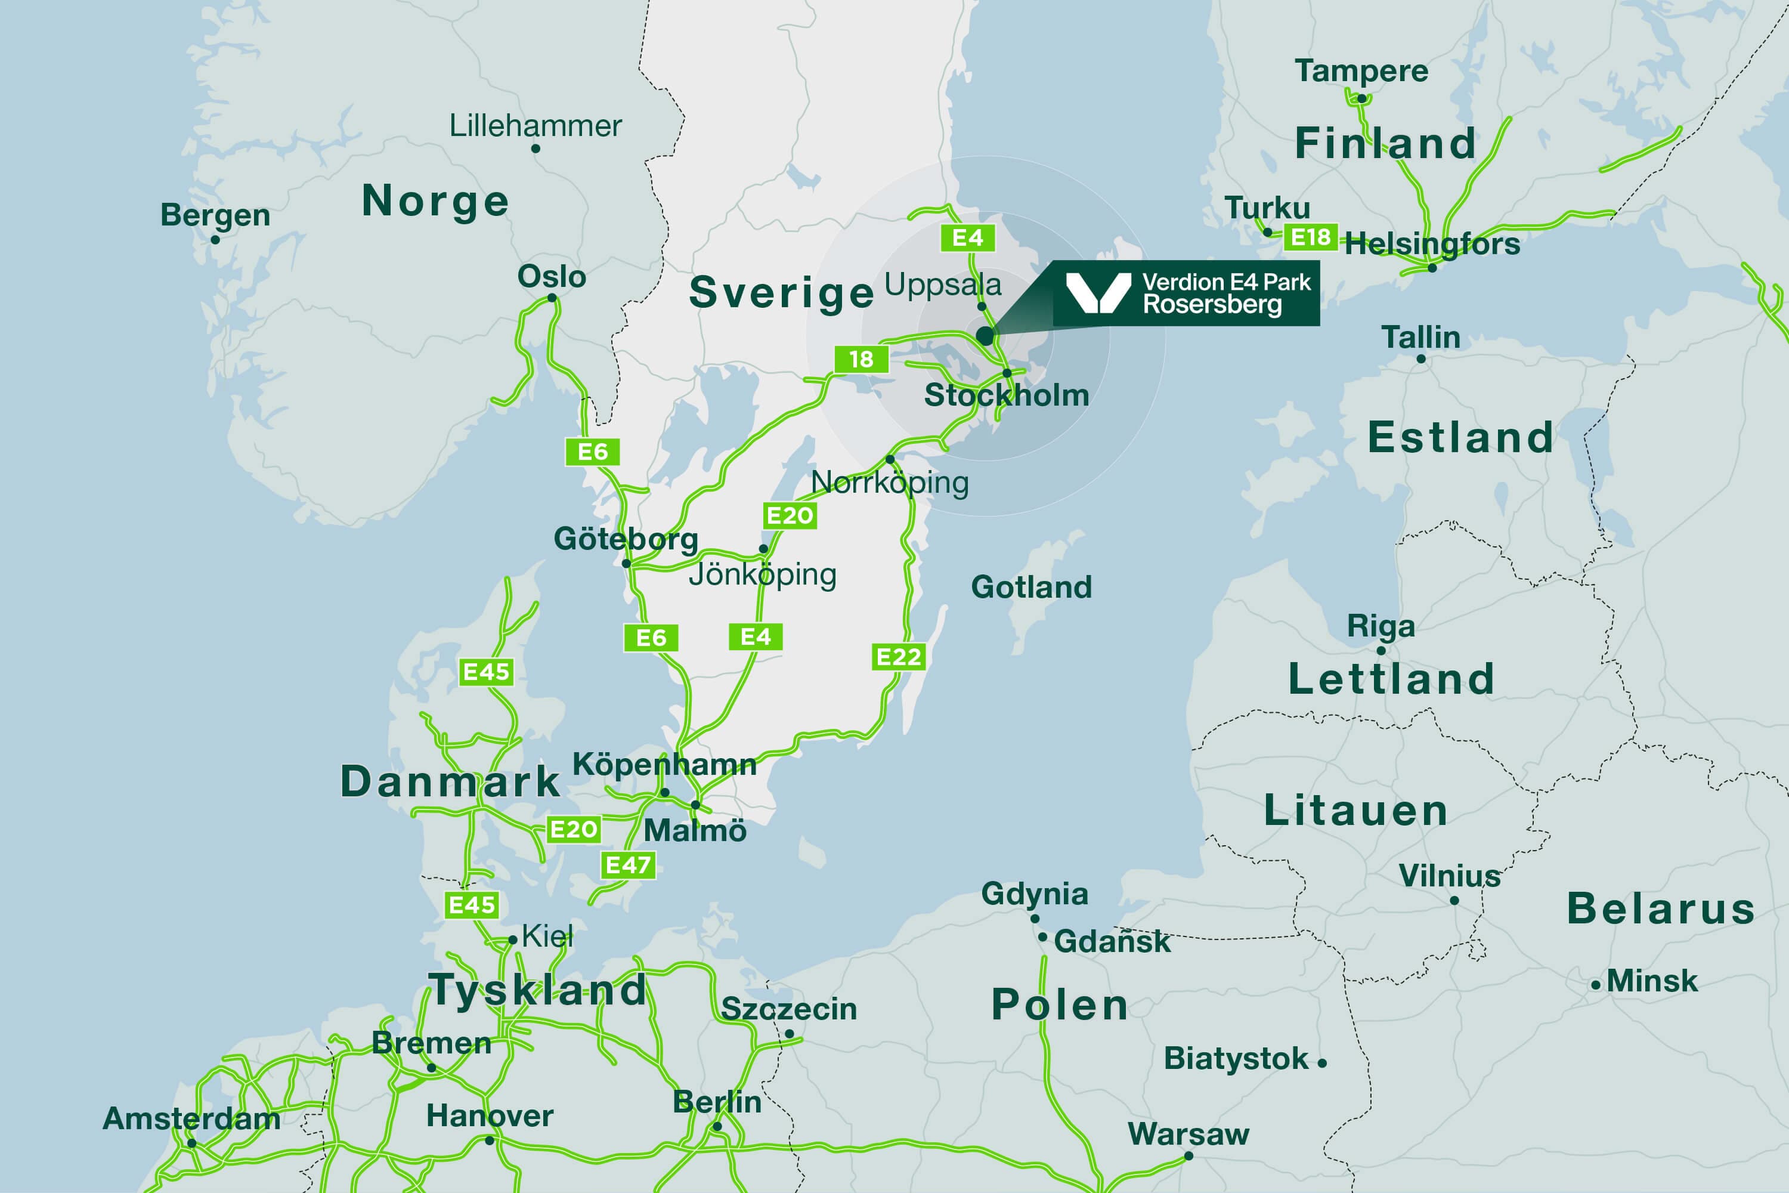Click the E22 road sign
point(898,657)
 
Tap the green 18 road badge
point(861,359)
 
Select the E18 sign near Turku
point(1311,237)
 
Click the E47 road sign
point(627,865)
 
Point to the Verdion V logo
point(1098,293)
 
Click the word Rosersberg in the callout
point(1212,305)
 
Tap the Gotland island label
point(1032,588)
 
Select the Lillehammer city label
point(536,125)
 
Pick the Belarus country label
point(1660,908)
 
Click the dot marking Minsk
point(1596,985)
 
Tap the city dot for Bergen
point(215,240)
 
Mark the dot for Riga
point(1381,651)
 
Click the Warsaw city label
point(1188,1134)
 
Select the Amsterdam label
point(191,1118)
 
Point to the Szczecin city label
point(789,1009)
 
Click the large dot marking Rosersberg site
point(985,335)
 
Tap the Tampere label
point(1361,71)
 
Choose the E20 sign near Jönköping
point(790,516)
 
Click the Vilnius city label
point(1450,876)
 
